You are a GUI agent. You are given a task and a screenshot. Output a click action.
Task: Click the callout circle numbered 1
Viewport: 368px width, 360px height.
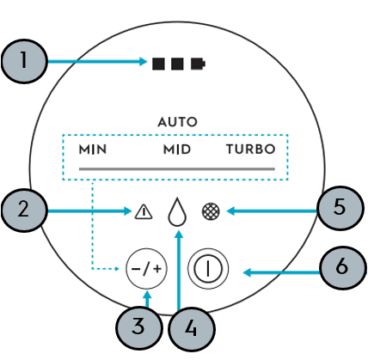24,61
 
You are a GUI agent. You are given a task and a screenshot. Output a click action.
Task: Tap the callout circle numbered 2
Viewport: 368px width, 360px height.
24,210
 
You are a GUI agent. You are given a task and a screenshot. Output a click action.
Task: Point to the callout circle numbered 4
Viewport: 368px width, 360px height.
191,329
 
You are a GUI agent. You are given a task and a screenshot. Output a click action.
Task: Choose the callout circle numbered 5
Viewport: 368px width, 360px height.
340,208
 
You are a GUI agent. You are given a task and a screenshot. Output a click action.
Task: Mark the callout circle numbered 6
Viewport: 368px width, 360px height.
343,268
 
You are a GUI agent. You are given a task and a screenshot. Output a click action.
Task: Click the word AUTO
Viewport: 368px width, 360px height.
178,122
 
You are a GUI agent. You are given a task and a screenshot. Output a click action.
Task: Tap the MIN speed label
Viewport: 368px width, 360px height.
93,149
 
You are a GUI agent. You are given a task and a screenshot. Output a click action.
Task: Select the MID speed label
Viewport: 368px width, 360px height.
177,149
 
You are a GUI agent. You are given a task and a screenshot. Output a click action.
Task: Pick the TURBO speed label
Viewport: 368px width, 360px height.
251,149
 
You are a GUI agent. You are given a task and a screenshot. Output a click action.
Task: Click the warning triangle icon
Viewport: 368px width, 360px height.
144,212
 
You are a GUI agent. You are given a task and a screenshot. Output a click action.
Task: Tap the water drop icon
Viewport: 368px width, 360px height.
177,211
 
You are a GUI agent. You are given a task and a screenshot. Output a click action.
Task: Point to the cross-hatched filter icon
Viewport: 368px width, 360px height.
211,211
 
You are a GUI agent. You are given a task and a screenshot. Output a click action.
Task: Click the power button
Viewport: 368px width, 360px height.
208,269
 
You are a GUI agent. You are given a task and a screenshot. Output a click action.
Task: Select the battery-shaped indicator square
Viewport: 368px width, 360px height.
199,64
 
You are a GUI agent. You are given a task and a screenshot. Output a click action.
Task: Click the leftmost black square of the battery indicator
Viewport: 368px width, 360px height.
158,64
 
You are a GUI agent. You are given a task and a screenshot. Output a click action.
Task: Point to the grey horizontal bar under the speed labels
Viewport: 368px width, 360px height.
177,169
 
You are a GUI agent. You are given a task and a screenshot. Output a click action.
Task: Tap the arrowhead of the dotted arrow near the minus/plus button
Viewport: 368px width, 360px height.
117,269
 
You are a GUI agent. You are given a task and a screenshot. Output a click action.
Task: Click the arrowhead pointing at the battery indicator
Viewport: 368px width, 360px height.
144,61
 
